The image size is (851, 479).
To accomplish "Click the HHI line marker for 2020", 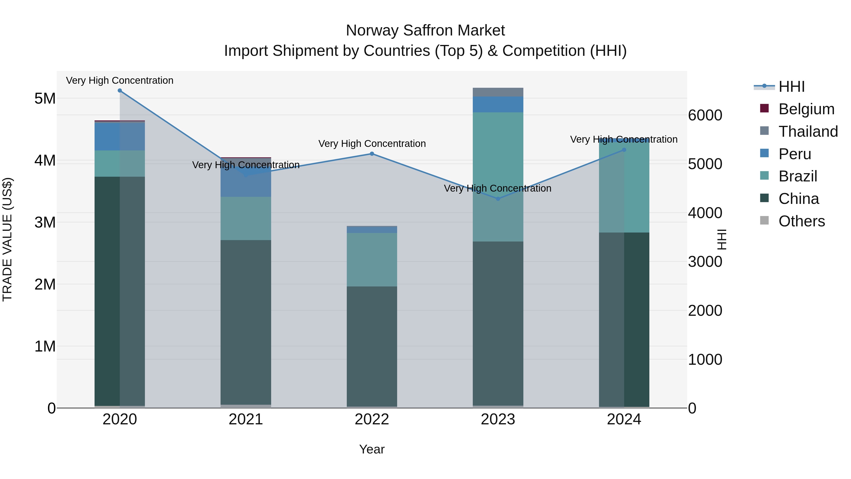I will tap(120, 91).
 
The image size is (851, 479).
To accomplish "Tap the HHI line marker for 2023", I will tap(498, 199).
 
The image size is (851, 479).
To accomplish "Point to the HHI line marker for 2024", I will tap(624, 150).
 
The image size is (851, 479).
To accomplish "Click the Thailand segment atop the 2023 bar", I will tap(498, 92).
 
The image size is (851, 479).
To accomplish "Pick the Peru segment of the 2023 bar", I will tap(498, 105).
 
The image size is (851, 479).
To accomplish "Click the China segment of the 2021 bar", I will tap(246, 322).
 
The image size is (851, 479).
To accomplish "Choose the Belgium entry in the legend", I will tap(806, 109).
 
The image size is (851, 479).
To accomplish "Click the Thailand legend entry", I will tap(808, 132).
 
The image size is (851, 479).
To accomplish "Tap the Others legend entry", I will tap(801, 221).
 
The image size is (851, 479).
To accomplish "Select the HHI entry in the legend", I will tap(791, 87).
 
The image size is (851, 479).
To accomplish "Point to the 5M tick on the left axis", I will tap(45, 98).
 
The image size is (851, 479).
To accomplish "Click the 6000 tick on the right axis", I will tap(705, 115).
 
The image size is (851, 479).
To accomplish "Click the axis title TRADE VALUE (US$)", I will tap(7, 240).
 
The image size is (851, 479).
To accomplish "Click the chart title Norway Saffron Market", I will tap(425, 31).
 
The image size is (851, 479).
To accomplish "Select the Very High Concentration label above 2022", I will tap(372, 144).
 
